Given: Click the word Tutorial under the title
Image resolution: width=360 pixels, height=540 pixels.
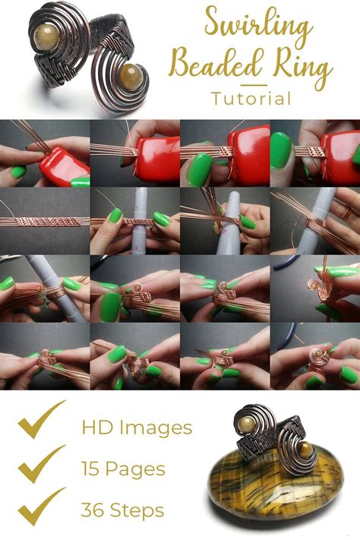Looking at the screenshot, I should click(x=251, y=98).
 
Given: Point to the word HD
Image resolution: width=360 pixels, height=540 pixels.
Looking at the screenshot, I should click(x=96, y=427).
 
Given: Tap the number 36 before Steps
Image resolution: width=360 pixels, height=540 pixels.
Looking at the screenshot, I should click(x=95, y=509).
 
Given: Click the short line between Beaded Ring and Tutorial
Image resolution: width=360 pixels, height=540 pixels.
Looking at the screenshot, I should click(x=251, y=84).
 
